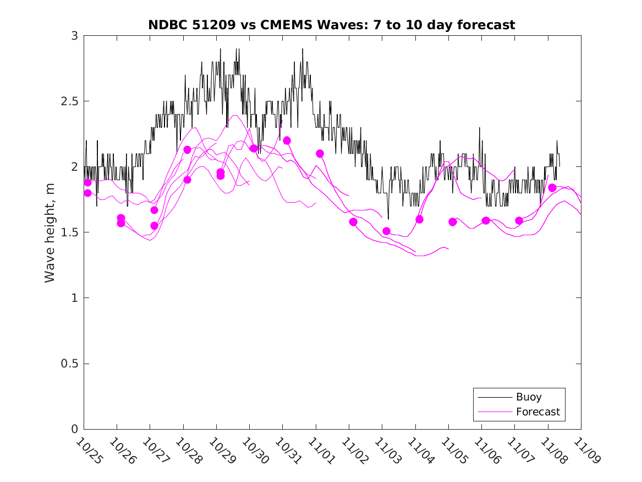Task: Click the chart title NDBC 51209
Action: (331, 25)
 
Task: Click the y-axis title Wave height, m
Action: (50, 232)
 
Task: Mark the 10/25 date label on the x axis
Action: (89, 451)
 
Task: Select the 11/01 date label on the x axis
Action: (321, 451)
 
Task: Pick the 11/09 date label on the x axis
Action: (586, 451)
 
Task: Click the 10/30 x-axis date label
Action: (255, 451)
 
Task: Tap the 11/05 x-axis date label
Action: (454, 451)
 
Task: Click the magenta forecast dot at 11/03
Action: (386, 231)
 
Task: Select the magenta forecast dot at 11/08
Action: (552, 188)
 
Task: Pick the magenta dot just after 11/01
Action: (320, 154)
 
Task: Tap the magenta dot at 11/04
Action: (419, 219)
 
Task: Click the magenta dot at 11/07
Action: (519, 220)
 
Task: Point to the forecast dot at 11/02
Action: (353, 222)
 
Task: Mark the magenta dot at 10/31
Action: (287, 140)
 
